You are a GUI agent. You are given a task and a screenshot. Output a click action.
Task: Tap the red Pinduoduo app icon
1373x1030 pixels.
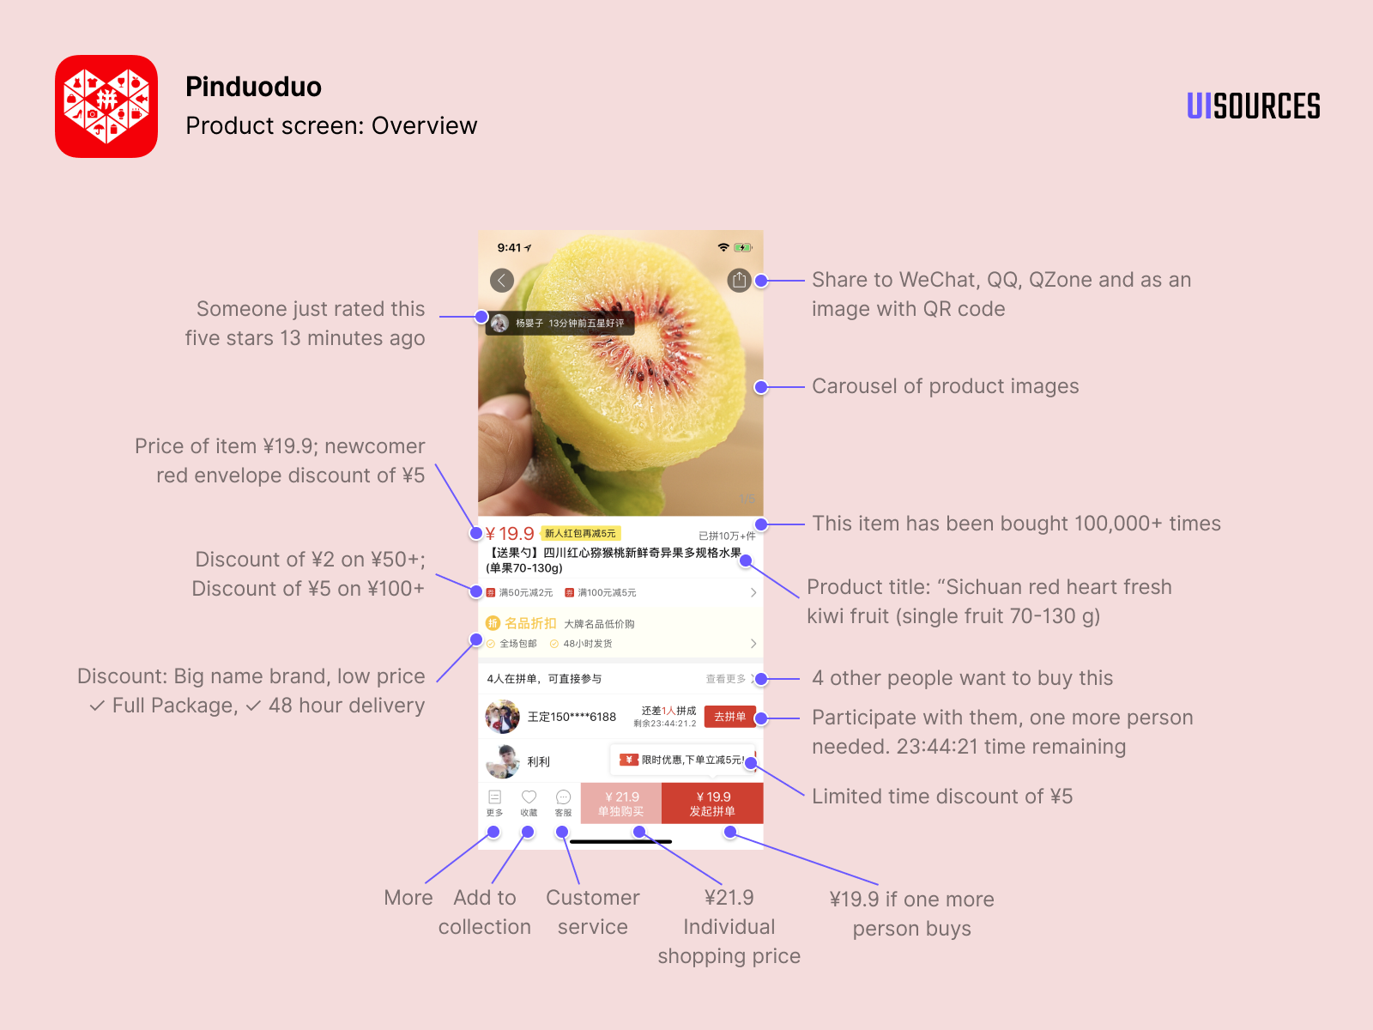[x=106, y=106]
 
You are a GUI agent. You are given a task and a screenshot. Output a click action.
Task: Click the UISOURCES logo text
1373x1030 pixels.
[x=1253, y=106]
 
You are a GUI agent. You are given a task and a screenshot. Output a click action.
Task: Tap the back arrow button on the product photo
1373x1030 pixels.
[x=502, y=280]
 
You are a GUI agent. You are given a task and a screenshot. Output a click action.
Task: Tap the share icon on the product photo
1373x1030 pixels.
[x=739, y=280]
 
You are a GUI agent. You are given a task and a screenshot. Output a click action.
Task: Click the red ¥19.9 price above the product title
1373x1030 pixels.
[x=510, y=534]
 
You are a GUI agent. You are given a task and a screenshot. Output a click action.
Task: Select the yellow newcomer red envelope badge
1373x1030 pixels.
[x=580, y=534]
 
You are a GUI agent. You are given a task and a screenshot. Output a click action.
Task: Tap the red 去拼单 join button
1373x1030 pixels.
[x=729, y=717]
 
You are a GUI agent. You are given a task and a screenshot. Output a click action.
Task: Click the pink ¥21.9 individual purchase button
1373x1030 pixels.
[x=620, y=803]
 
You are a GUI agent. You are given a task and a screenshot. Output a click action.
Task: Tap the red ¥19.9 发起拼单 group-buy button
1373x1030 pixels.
[x=712, y=803]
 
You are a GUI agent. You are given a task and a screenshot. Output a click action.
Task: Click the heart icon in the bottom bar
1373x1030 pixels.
[x=529, y=797]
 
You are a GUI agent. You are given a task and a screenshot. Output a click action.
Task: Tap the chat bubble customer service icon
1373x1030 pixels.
[x=563, y=797]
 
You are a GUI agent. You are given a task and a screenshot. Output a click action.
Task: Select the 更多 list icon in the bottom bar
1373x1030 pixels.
[x=494, y=797]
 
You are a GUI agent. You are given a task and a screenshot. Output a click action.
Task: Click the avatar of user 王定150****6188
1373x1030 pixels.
[x=502, y=717]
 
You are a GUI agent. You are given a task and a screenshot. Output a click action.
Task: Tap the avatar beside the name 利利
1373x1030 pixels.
[x=502, y=760]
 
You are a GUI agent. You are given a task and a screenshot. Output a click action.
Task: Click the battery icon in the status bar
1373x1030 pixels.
[x=743, y=247]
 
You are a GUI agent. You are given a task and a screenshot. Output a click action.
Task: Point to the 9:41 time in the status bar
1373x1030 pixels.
[x=509, y=248]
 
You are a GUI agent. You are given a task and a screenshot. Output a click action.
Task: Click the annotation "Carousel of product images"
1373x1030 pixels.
[x=945, y=386]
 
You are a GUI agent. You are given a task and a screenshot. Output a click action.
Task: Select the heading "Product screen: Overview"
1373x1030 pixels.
[x=331, y=126]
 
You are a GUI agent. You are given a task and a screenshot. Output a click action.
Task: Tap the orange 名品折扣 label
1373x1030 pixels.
[x=530, y=623]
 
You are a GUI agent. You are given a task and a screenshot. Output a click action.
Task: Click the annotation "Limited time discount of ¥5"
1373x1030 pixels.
[x=942, y=797]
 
